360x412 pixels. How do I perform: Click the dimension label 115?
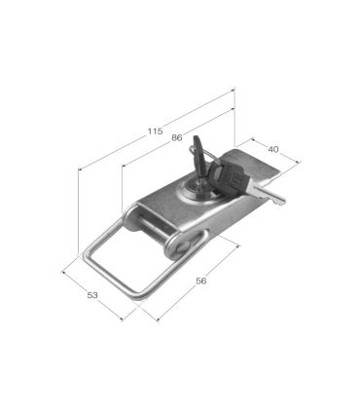coord(155,131)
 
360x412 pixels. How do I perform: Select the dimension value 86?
coord(177,137)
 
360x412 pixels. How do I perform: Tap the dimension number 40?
coord(273,149)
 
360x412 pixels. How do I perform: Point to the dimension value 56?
coord(201,281)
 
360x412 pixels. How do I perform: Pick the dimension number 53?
coord(92,295)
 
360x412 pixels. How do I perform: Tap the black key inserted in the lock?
coord(199,159)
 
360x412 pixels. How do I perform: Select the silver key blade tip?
coord(280,201)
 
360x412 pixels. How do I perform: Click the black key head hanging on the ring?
coord(227,178)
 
